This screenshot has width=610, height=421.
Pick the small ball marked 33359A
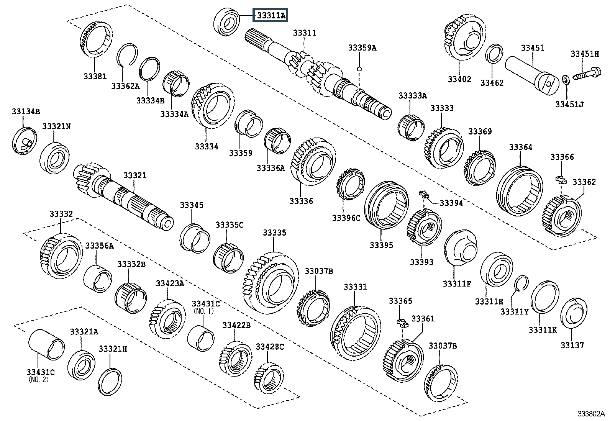359,69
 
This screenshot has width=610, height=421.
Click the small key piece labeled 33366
561,179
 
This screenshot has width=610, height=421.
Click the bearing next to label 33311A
228,21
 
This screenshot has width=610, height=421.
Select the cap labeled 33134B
25,141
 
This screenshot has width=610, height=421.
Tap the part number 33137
572,345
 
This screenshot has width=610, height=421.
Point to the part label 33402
459,79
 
